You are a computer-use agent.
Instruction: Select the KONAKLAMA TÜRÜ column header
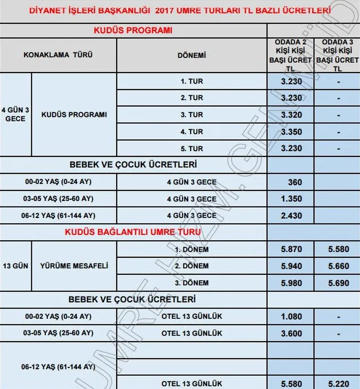[x=58, y=55]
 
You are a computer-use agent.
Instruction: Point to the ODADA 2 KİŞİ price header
[x=290, y=55]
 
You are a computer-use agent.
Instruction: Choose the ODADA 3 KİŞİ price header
[x=337, y=55]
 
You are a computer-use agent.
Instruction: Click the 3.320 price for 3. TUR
[x=290, y=115]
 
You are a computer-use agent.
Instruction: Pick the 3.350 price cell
[x=290, y=131]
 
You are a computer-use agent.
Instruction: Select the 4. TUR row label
[x=192, y=132]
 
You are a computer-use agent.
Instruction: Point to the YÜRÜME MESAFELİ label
[x=74, y=266]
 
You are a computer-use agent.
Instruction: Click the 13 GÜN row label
[x=16, y=266]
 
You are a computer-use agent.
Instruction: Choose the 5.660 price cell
[x=337, y=266]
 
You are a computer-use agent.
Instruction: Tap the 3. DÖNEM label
[x=192, y=283]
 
